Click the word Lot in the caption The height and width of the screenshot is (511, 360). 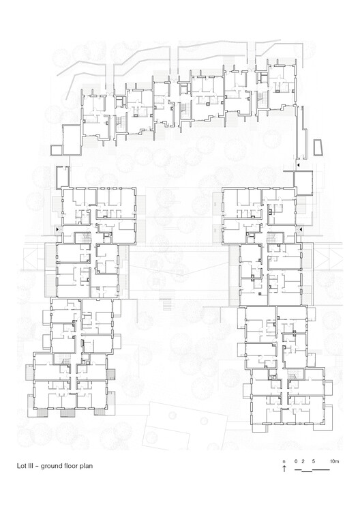22,467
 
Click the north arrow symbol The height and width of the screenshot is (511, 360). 284,470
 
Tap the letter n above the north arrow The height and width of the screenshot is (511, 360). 284,462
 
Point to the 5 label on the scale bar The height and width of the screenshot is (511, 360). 312,462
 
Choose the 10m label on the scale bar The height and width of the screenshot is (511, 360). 334,462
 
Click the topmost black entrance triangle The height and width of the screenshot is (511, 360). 298,166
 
